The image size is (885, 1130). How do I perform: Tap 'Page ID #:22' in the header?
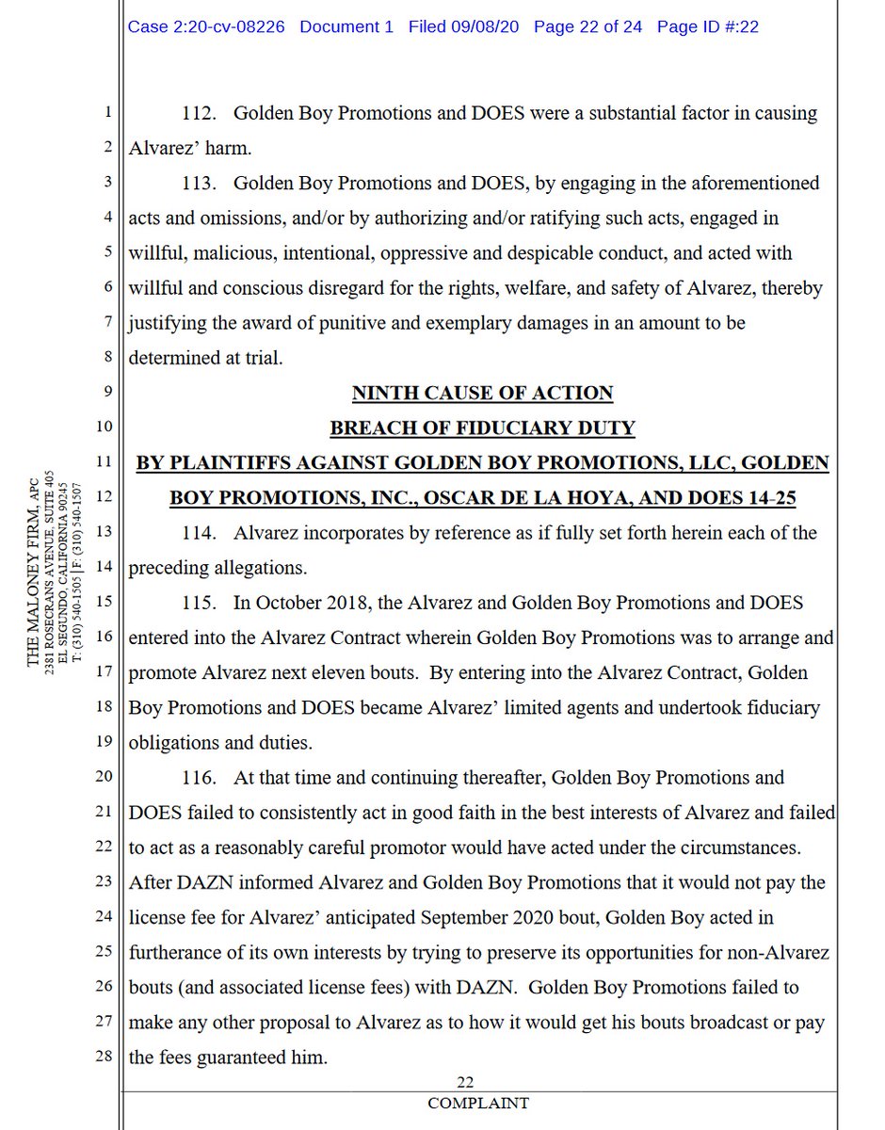click(708, 26)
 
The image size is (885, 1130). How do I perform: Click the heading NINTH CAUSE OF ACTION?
click(482, 392)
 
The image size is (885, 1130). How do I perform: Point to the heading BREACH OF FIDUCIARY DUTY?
click(482, 428)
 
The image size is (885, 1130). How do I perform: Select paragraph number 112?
click(201, 114)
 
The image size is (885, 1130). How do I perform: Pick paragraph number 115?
click(201, 603)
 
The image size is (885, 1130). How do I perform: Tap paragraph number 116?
click(201, 778)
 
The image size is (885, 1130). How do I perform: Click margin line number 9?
click(108, 393)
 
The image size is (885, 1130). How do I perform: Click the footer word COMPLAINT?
click(478, 1103)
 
